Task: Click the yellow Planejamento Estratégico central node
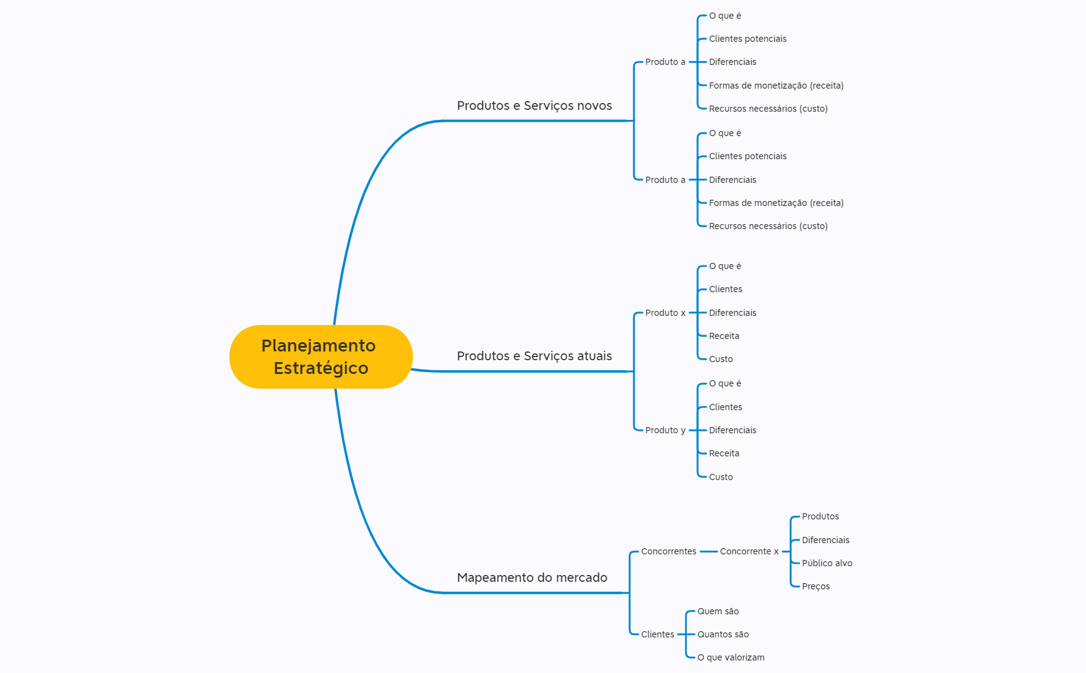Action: point(321,356)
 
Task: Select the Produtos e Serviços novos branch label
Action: point(534,106)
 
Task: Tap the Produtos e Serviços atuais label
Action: point(534,356)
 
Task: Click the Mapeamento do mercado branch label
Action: point(531,577)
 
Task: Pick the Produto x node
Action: point(665,313)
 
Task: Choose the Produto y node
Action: point(665,430)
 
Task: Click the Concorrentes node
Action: point(668,551)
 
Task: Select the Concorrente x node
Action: point(749,551)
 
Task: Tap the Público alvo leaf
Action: point(827,563)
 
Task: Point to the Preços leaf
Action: point(815,586)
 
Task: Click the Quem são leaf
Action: point(717,611)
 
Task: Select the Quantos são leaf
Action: point(722,634)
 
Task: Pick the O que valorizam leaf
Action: point(730,657)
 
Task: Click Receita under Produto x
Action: point(724,336)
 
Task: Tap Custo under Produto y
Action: point(720,477)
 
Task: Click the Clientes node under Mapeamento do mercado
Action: point(657,634)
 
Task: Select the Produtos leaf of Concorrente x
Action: point(820,516)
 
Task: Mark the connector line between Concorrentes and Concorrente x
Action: point(709,551)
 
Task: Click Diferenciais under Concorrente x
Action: point(825,540)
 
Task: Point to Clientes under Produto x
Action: point(725,289)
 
